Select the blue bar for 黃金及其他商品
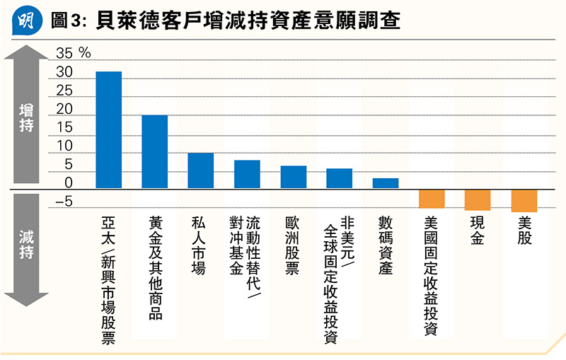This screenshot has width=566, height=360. (154, 151)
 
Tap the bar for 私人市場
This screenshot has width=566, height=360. (200, 170)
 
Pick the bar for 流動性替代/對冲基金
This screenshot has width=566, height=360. (247, 174)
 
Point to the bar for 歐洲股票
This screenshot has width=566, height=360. (293, 177)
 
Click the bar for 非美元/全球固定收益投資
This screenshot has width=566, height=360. (339, 178)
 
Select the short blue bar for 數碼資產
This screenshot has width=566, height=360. (386, 183)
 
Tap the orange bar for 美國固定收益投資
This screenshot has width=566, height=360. (432, 199)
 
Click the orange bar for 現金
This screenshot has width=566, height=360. (478, 200)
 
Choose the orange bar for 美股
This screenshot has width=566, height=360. (524, 201)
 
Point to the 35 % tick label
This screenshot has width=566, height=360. (74, 54)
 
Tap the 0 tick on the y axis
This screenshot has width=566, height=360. (68, 182)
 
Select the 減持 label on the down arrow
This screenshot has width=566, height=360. (27, 245)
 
